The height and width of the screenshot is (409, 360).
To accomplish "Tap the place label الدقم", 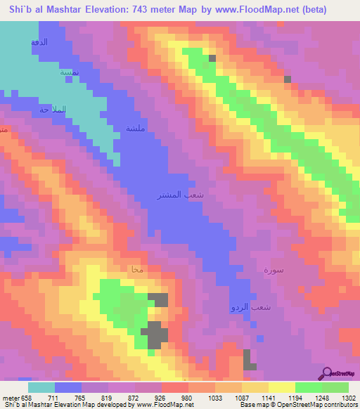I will coord(39,43).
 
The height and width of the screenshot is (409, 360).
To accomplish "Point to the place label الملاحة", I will coord(53,110).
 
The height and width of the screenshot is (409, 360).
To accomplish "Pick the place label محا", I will coord(137,269).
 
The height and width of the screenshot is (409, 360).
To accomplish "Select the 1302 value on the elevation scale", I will coord(349,398).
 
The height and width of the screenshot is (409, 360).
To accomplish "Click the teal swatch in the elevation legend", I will coord(41,387).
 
